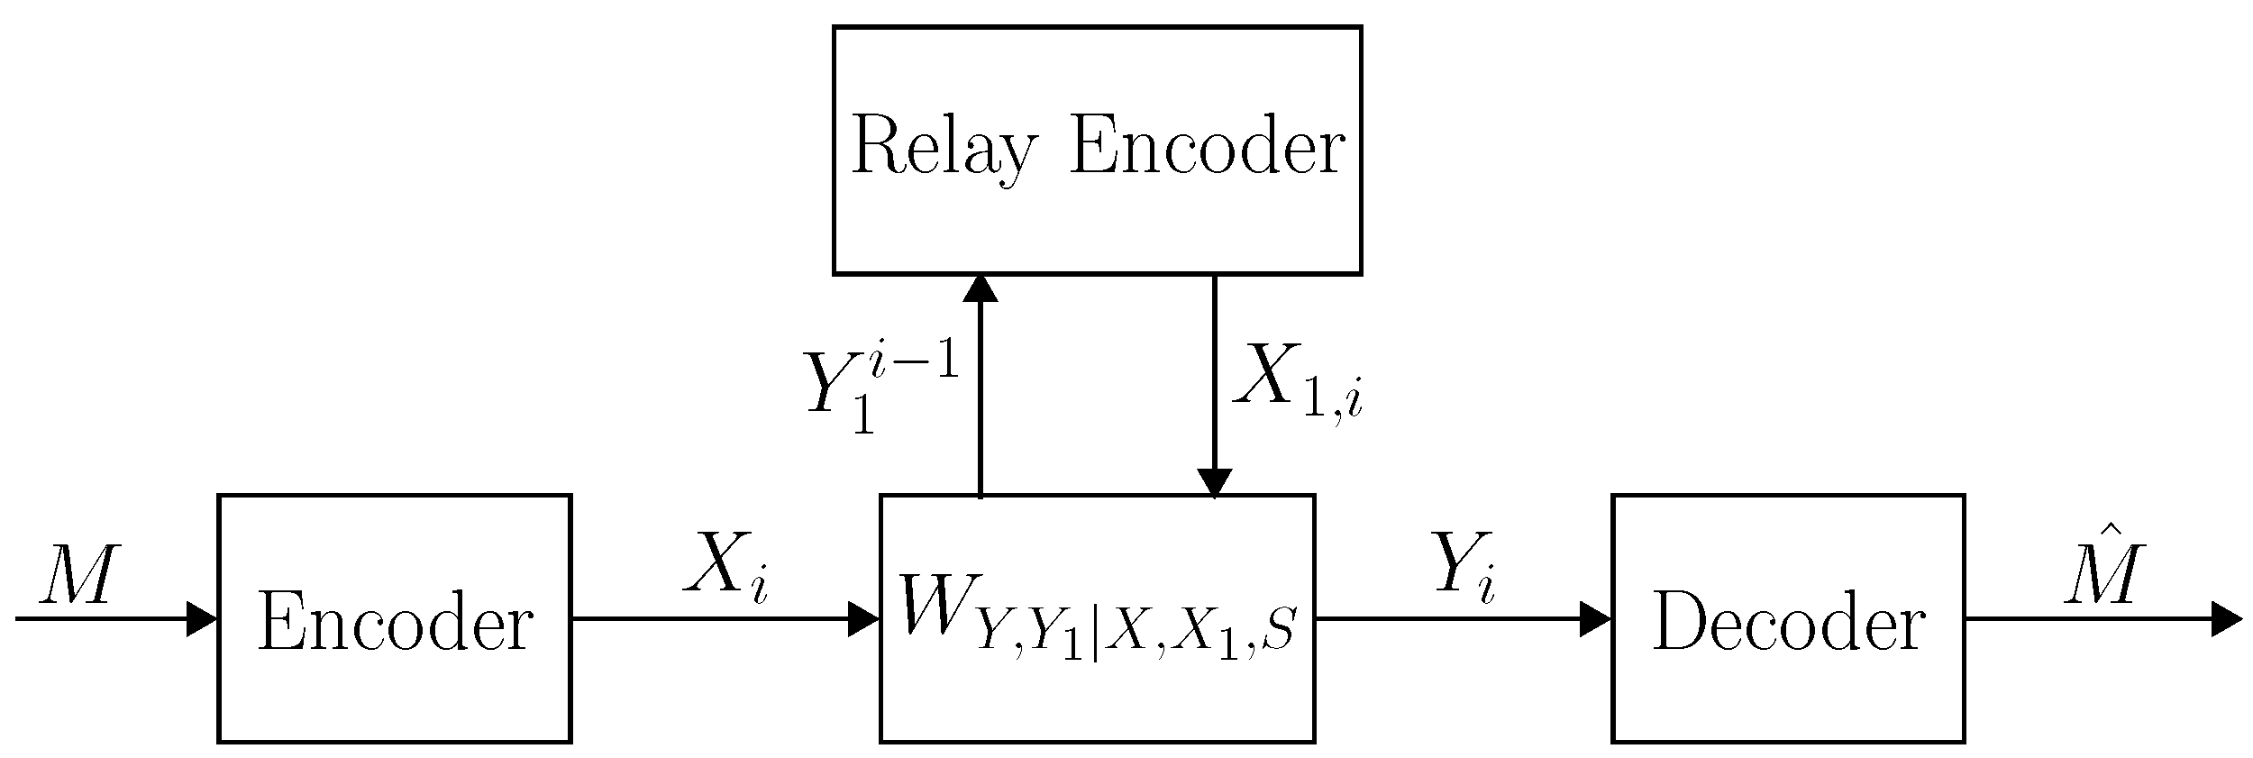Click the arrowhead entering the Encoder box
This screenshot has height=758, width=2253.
pos(202,619)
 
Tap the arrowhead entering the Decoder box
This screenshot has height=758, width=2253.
pos(1596,619)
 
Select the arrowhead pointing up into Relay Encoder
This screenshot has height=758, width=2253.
pos(980,288)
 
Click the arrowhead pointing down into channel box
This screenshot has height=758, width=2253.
pos(1214,483)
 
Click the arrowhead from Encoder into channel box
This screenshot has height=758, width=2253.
pos(864,619)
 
